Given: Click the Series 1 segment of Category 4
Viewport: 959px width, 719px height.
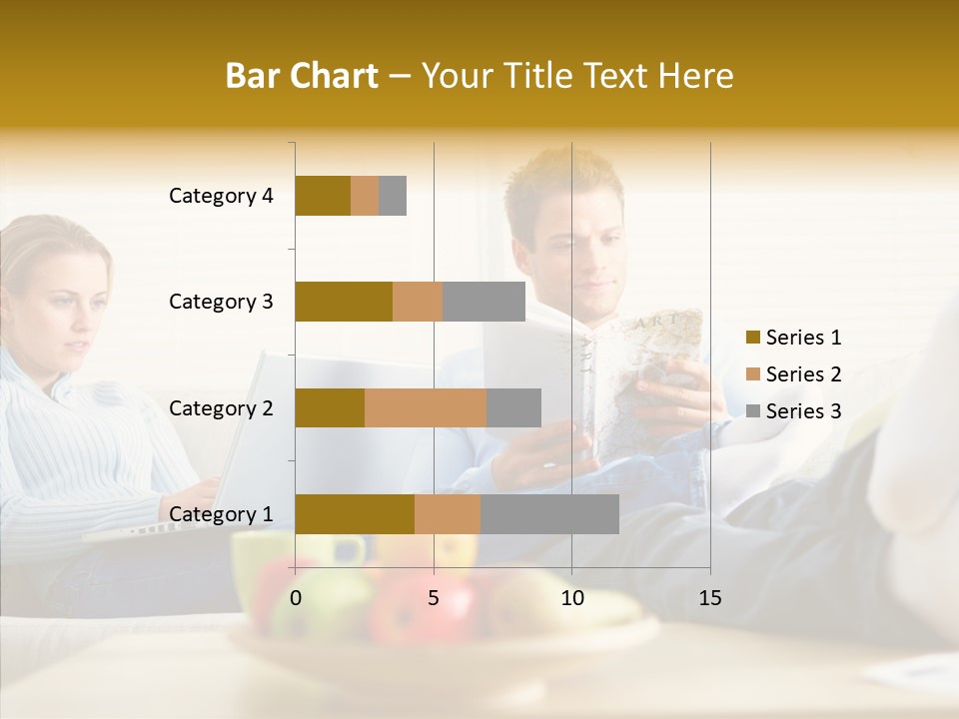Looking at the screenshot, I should (x=323, y=196).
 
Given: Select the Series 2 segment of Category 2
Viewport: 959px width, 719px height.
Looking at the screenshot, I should (x=426, y=407).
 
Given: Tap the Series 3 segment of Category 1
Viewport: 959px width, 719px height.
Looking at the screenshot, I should (x=549, y=514).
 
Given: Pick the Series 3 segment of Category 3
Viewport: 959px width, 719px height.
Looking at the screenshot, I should (x=484, y=302).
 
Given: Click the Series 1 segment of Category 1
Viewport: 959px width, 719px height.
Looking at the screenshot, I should (x=355, y=514).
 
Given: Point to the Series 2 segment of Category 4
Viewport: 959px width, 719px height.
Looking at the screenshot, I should (x=365, y=196).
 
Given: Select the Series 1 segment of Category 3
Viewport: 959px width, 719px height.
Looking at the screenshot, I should (x=344, y=302).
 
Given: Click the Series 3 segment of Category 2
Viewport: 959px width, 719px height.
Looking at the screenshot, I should (x=513, y=407).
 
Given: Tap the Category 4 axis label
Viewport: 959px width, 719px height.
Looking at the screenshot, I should (x=221, y=196).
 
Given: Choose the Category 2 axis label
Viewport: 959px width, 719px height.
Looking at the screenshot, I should (x=221, y=407).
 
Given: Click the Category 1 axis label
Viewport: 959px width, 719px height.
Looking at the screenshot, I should (x=221, y=514).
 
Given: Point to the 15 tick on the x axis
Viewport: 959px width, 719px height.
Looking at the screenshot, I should (x=709, y=598).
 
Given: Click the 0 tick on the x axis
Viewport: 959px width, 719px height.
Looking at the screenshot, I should (x=295, y=598).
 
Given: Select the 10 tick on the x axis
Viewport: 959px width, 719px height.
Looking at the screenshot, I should (x=571, y=598).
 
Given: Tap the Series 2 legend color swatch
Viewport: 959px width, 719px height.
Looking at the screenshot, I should (x=752, y=374).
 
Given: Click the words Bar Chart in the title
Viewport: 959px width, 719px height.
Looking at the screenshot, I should (x=302, y=76).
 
